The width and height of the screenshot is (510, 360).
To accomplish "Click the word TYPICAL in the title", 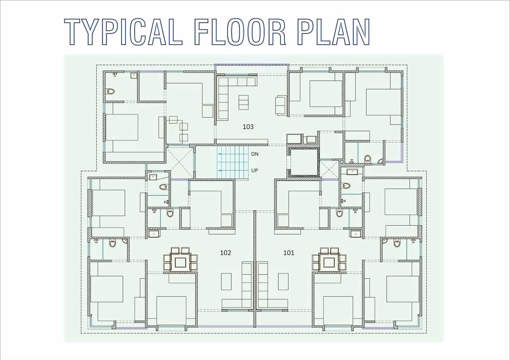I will (123, 32).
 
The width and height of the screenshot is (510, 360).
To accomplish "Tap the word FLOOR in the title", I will (240, 32).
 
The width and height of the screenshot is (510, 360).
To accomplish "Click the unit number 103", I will (248, 127).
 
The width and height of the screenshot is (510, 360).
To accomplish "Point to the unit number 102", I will (226, 253).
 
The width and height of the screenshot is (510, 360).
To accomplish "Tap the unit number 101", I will (288, 253).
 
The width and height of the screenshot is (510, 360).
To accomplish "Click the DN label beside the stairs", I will (255, 154).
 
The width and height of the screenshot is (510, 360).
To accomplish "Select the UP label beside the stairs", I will (255, 171).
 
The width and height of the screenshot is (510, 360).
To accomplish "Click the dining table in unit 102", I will (180, 262).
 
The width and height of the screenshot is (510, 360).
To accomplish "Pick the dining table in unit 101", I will (329, 262).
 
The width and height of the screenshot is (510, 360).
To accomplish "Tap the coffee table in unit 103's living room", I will (243, 102).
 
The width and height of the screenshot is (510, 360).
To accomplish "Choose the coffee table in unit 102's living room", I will (226, 281).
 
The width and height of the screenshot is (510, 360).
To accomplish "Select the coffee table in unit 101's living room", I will (283, 281).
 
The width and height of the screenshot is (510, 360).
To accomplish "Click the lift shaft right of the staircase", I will (304, 162).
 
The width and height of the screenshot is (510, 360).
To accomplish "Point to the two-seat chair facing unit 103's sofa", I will (281, 105).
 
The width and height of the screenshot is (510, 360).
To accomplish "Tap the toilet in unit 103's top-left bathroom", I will (110, 91).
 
